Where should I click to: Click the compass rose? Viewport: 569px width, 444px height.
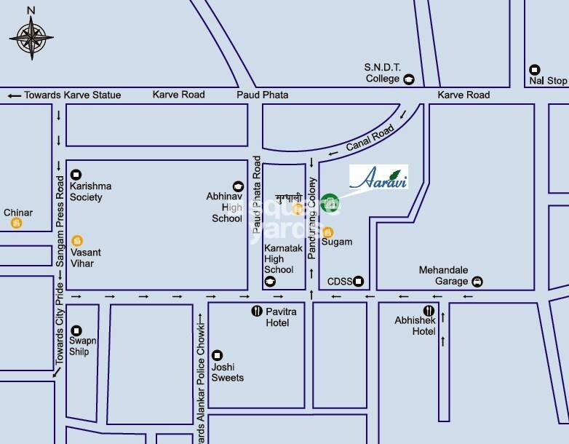(x=31, y=36)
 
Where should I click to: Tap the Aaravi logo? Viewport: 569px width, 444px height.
(x=378, y=177)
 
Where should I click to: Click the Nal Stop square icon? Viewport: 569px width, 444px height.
(x=535, y=70)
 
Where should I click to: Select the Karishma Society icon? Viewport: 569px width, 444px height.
(x=76, y=175)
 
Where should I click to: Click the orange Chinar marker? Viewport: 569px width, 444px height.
(x=15, y=223)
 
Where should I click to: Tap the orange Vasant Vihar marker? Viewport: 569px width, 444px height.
(x=77, y=240)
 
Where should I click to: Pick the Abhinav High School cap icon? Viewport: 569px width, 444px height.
(x=236, y=187)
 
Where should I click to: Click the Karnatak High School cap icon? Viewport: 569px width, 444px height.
(x=271, y=282)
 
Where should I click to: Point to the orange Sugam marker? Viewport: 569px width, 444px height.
(x=327, y=231)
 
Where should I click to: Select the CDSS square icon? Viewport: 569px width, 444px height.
(x=358, y=282)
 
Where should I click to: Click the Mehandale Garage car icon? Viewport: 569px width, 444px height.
(x=477, y=282)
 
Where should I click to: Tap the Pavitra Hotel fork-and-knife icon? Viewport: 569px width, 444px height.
(x=256, y=311)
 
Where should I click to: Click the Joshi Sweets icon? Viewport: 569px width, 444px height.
(x=217, y=355)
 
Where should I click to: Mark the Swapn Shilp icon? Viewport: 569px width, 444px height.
(x=76, y=330)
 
